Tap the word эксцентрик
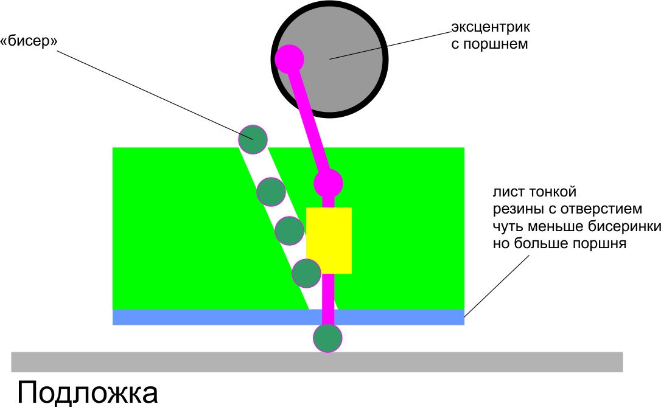click(491, 27)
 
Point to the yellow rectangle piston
click(329, 240)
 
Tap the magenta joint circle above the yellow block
click(329, 182)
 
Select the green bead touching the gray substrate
click(328, 338)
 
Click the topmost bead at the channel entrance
click(252, 139)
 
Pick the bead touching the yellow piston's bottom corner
click(306, 273)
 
